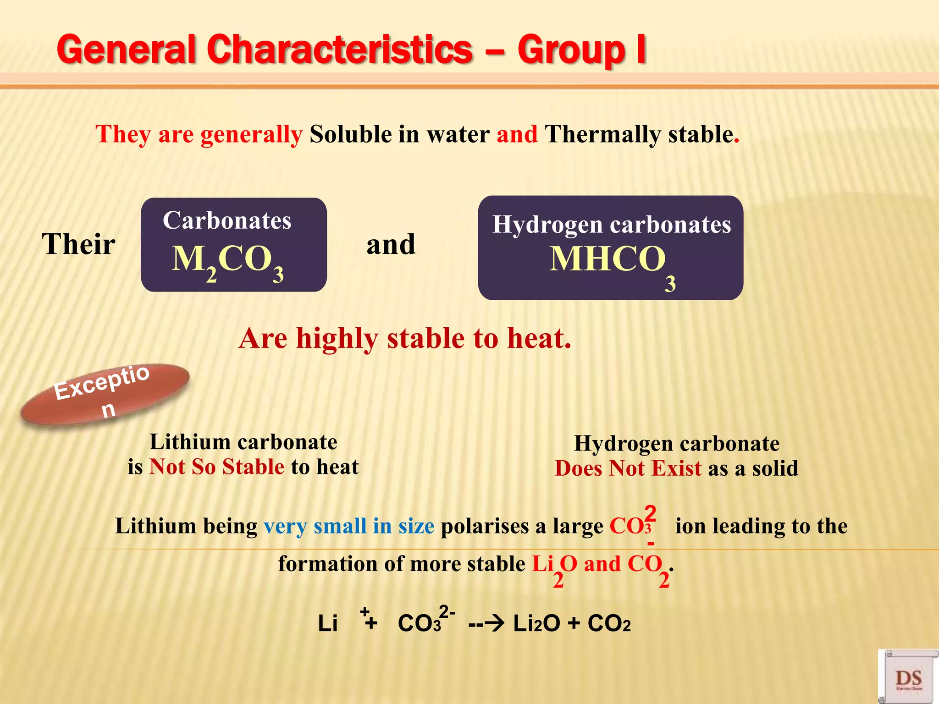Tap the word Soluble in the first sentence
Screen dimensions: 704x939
coord(351,134)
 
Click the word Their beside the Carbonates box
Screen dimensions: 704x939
coord(78,244)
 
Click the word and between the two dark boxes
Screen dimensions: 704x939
coord(391,244)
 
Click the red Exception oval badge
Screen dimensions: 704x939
coord(105,394)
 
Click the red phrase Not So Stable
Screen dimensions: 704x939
coord(217,467)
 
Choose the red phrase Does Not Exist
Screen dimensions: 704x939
coord(628,468)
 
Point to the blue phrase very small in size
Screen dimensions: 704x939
coord(348,526)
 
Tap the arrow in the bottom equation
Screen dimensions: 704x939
coord(486,623)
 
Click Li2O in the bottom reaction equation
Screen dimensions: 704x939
coord(536,623)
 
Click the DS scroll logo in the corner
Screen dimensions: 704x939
coord(908,676)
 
